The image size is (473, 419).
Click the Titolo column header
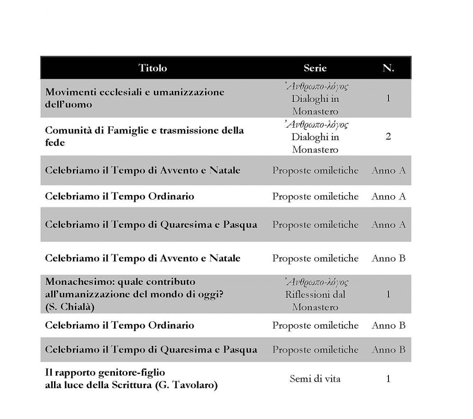[x=153, y=68]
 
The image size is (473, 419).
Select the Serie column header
[x=315, y=68]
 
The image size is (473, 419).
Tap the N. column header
[x=388, y=68]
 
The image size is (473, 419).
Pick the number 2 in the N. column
[x=388, y=137]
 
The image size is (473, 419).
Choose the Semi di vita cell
[x=315, y=379]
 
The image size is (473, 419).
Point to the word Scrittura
[x=131, y=385]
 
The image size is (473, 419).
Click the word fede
[x=55, y=143]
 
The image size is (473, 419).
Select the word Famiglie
[x=127, y=130]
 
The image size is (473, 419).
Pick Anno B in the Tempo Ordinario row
[x=388, y=325]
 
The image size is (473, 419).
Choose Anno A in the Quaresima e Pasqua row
[x=388, y=224]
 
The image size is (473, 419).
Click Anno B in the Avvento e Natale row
[x=388, y=258]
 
